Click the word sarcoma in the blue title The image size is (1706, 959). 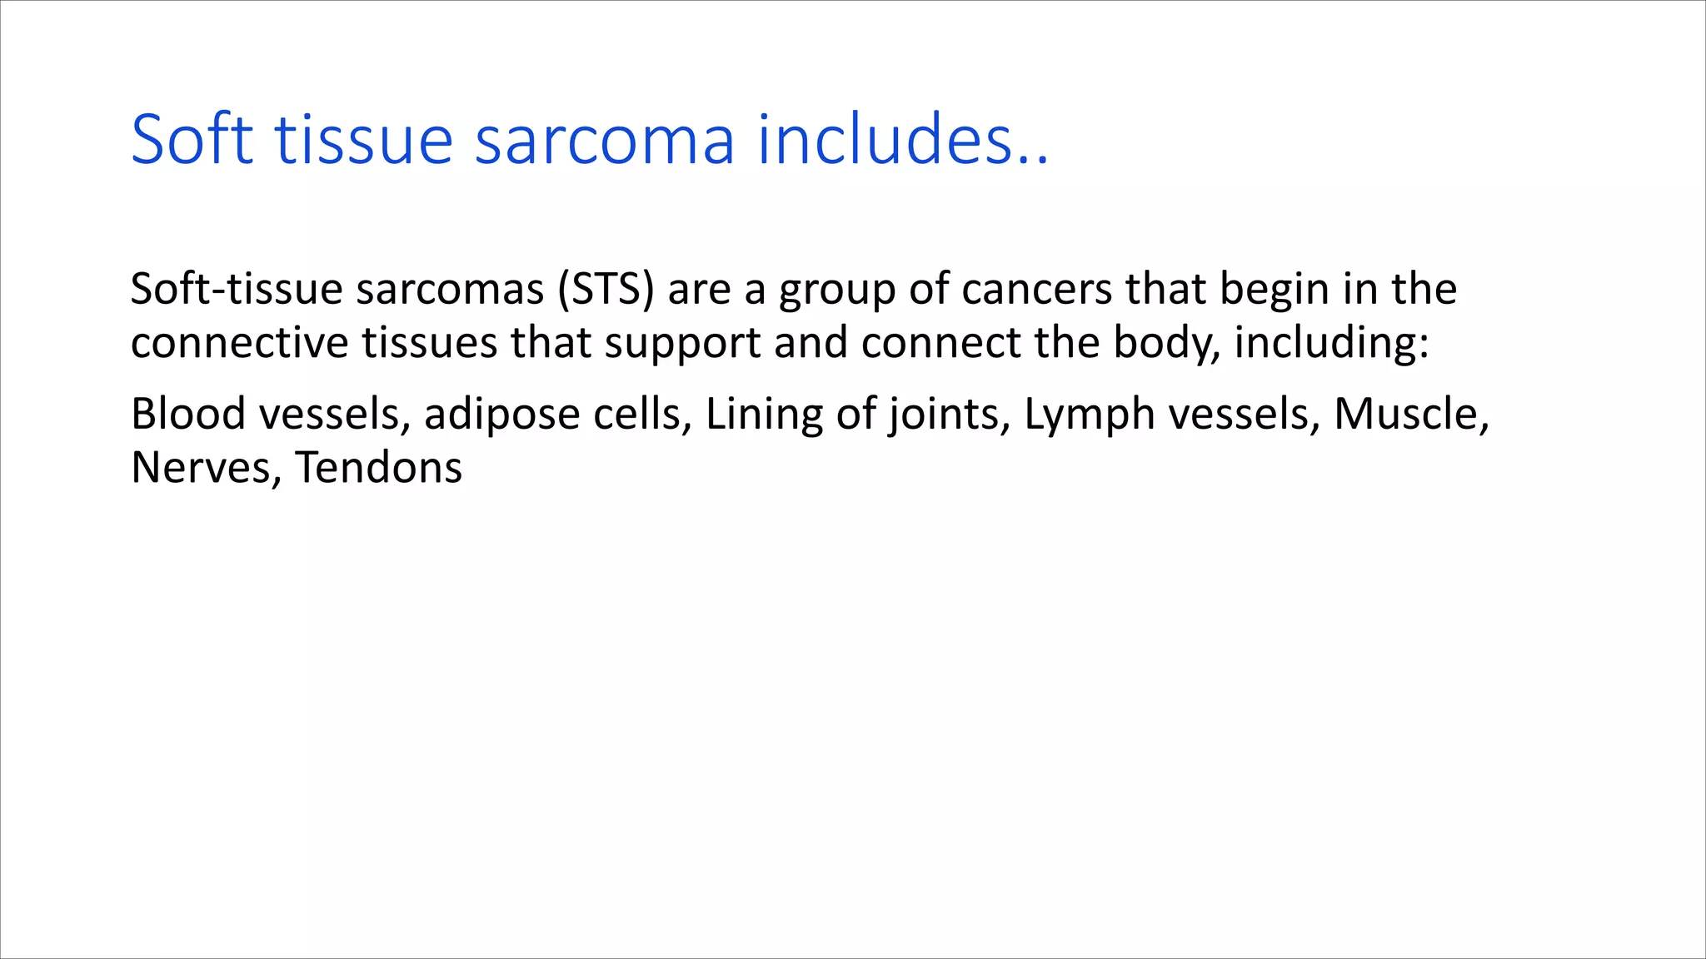click(604, 140)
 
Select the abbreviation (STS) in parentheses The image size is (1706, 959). click(606, 290)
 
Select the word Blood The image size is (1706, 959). click(188, 414)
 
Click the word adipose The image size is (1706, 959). click(501, 415)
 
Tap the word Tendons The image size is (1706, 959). click(379, 468)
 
